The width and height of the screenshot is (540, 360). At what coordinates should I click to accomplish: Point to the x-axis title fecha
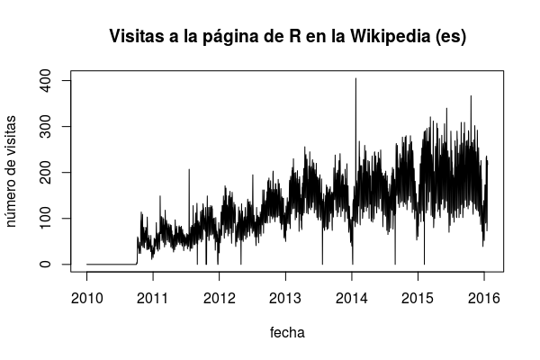click(x=287, y=333)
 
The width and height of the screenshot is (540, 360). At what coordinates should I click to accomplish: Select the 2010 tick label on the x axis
click(x=86, y=297)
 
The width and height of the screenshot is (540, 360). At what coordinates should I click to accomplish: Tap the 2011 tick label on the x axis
click(x=153, y=297)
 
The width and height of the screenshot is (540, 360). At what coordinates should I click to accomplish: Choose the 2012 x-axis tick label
click(x=219, y=297)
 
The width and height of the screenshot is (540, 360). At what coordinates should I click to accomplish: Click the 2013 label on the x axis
click(x=285, y=297)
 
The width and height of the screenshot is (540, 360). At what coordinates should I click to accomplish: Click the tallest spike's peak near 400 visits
click(x=355, y=79)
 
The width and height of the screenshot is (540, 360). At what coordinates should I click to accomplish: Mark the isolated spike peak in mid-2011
click(x=189, y=170)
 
